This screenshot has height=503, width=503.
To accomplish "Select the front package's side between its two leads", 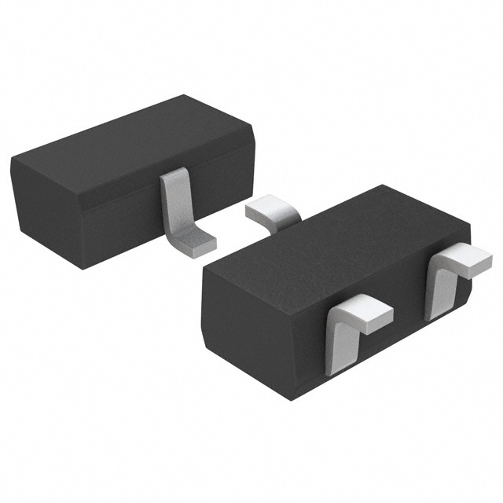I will click(385, 330).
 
